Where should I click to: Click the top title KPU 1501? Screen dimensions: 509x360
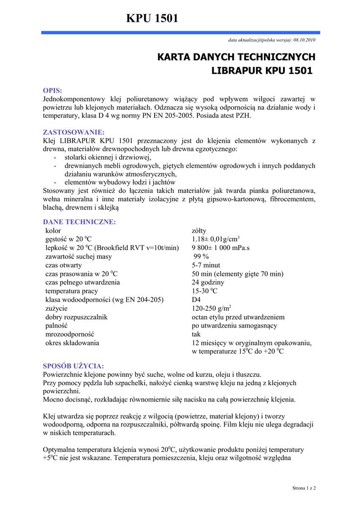152,19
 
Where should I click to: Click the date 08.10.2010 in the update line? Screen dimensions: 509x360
304,40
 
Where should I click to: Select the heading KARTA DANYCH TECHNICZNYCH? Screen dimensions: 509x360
236,57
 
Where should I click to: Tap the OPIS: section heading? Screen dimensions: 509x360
53,90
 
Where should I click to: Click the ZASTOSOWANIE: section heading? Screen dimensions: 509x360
74,132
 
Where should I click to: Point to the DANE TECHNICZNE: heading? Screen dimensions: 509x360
80,222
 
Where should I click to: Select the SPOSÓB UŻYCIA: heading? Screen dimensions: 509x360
74,366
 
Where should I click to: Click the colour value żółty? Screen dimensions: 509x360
199,231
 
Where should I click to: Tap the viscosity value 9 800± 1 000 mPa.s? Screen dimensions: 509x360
221,248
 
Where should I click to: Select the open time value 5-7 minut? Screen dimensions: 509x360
206,265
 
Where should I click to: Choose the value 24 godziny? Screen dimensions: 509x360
208,282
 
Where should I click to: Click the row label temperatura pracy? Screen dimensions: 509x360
72,291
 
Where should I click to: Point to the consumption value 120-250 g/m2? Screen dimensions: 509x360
212,308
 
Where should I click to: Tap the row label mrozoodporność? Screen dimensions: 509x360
70,334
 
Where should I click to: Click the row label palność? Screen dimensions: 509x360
57,326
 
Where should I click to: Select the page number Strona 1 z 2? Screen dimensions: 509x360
304,488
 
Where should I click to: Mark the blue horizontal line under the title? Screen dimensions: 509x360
180,32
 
